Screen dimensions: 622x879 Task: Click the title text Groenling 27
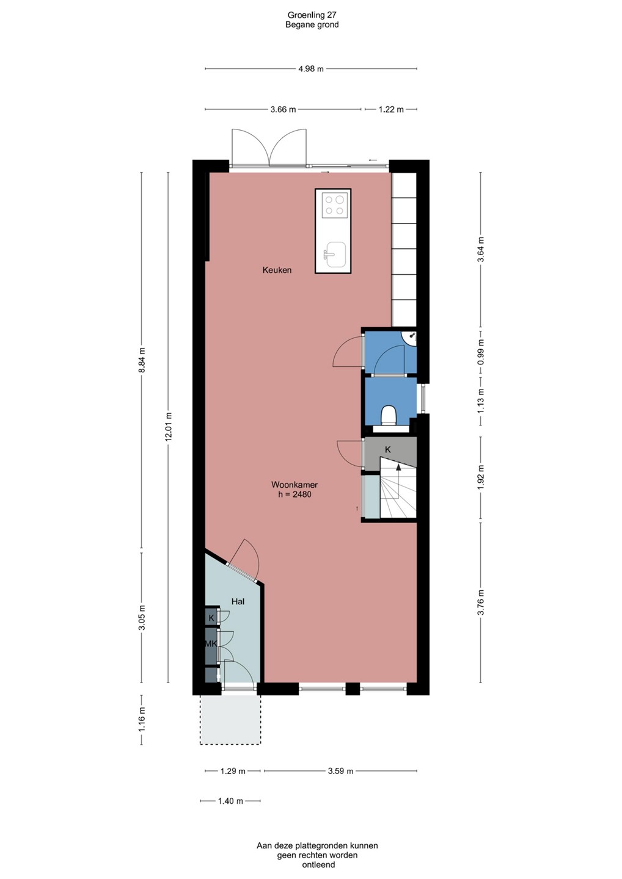312,15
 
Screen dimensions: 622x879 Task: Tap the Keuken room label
277,270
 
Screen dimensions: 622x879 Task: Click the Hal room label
238,601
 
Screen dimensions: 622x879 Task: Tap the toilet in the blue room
390,415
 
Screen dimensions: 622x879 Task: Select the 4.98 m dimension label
311,69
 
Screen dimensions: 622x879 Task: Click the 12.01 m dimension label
169,427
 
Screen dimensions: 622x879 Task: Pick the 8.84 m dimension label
142,360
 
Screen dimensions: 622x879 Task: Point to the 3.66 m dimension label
283,109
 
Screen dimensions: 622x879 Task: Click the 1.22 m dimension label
391,109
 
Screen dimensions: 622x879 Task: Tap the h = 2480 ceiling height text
295,494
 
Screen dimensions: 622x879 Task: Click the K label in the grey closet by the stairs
387,450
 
